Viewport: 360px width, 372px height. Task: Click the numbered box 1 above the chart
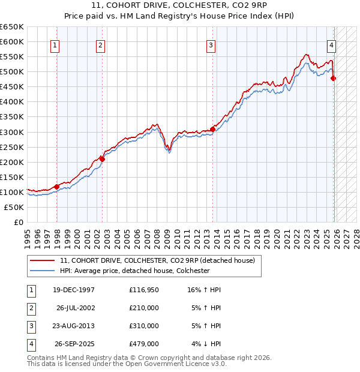[55, 45]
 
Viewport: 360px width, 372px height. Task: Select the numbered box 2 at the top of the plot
[100, 45]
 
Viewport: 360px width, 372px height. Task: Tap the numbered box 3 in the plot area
[211, 45]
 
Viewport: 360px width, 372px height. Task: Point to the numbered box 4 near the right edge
[331, 45]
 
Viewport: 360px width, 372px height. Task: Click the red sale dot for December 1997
[56, 187]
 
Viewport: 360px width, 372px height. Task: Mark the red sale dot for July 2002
[102, 159]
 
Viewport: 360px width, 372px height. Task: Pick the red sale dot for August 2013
[212, 129]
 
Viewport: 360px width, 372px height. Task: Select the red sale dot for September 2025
[334, 78]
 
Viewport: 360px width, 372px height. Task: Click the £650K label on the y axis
[12, 27]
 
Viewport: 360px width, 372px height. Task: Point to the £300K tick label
[12, 132]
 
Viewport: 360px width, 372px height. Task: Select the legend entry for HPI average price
[134, 271]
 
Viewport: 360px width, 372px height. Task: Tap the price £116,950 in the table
[143, 290]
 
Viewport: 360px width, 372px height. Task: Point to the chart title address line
[180, 5]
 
